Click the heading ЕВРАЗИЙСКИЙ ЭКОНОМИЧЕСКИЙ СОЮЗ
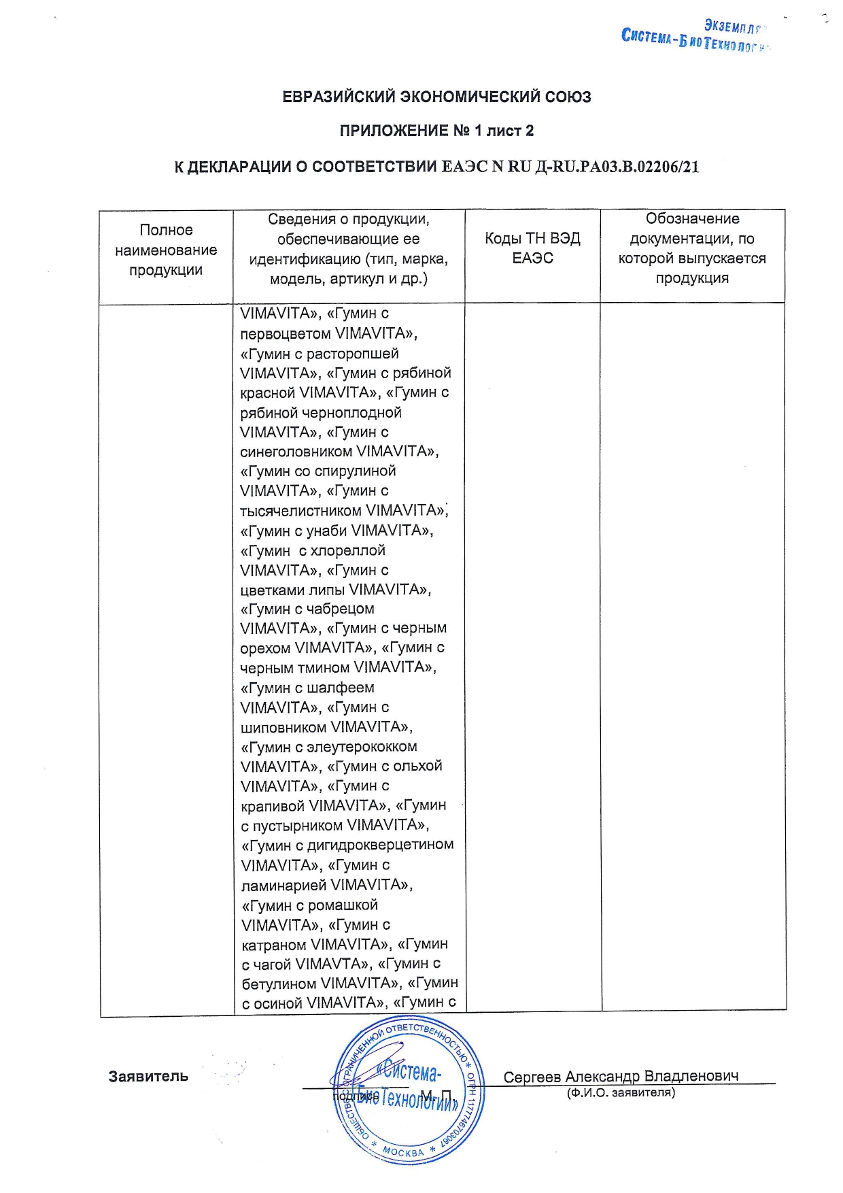436,97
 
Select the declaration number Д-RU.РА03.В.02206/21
617,167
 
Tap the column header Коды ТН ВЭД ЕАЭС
532,248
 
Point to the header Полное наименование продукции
166,250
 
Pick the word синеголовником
296,452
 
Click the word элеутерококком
362,747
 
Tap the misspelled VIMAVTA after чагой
332,964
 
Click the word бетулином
279,984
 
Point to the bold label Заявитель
148,1076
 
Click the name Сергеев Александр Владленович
621,1076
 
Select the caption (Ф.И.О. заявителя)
621,1092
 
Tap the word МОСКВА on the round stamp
403,1151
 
